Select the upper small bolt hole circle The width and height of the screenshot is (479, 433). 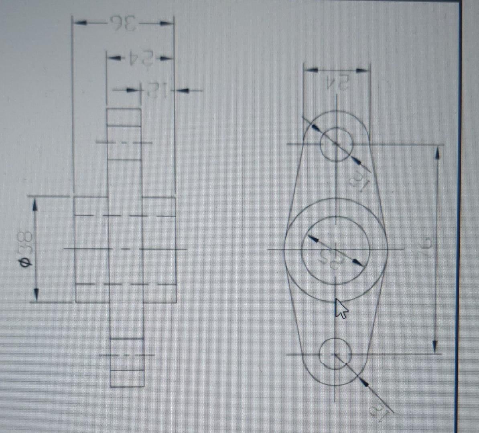(337, 144)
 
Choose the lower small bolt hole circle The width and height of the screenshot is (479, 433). (335, 354)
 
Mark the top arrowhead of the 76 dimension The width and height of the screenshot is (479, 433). (438, 152)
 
